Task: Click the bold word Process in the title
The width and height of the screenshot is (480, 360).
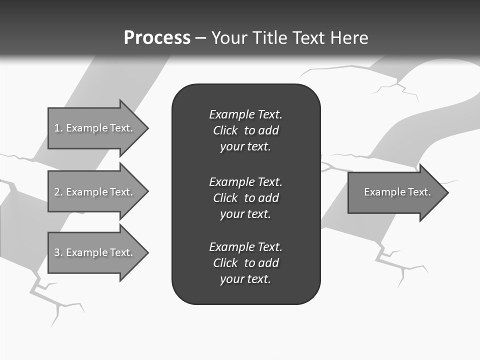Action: click(157, 38)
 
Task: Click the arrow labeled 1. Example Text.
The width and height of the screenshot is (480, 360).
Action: click(95, 128)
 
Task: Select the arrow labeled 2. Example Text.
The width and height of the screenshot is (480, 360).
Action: click(95, 192)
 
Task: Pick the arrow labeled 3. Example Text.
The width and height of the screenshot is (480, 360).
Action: click(95, 252)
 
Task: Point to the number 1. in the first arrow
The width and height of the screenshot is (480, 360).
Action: click(58, 128)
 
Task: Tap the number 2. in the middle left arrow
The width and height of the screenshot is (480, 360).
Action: click(58, 192)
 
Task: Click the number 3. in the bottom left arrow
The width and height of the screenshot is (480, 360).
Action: click(58, 252)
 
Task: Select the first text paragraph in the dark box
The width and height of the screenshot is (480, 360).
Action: click(245, 130)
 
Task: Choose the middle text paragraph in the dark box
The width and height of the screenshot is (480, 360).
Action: click(245, 197)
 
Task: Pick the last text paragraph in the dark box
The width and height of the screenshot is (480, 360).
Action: click(245, 263)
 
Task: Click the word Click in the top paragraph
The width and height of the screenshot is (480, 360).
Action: click(225, 130)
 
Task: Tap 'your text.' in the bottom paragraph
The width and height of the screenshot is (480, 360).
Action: click(245, 279)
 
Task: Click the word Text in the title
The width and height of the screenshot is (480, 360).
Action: click(309, 38)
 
